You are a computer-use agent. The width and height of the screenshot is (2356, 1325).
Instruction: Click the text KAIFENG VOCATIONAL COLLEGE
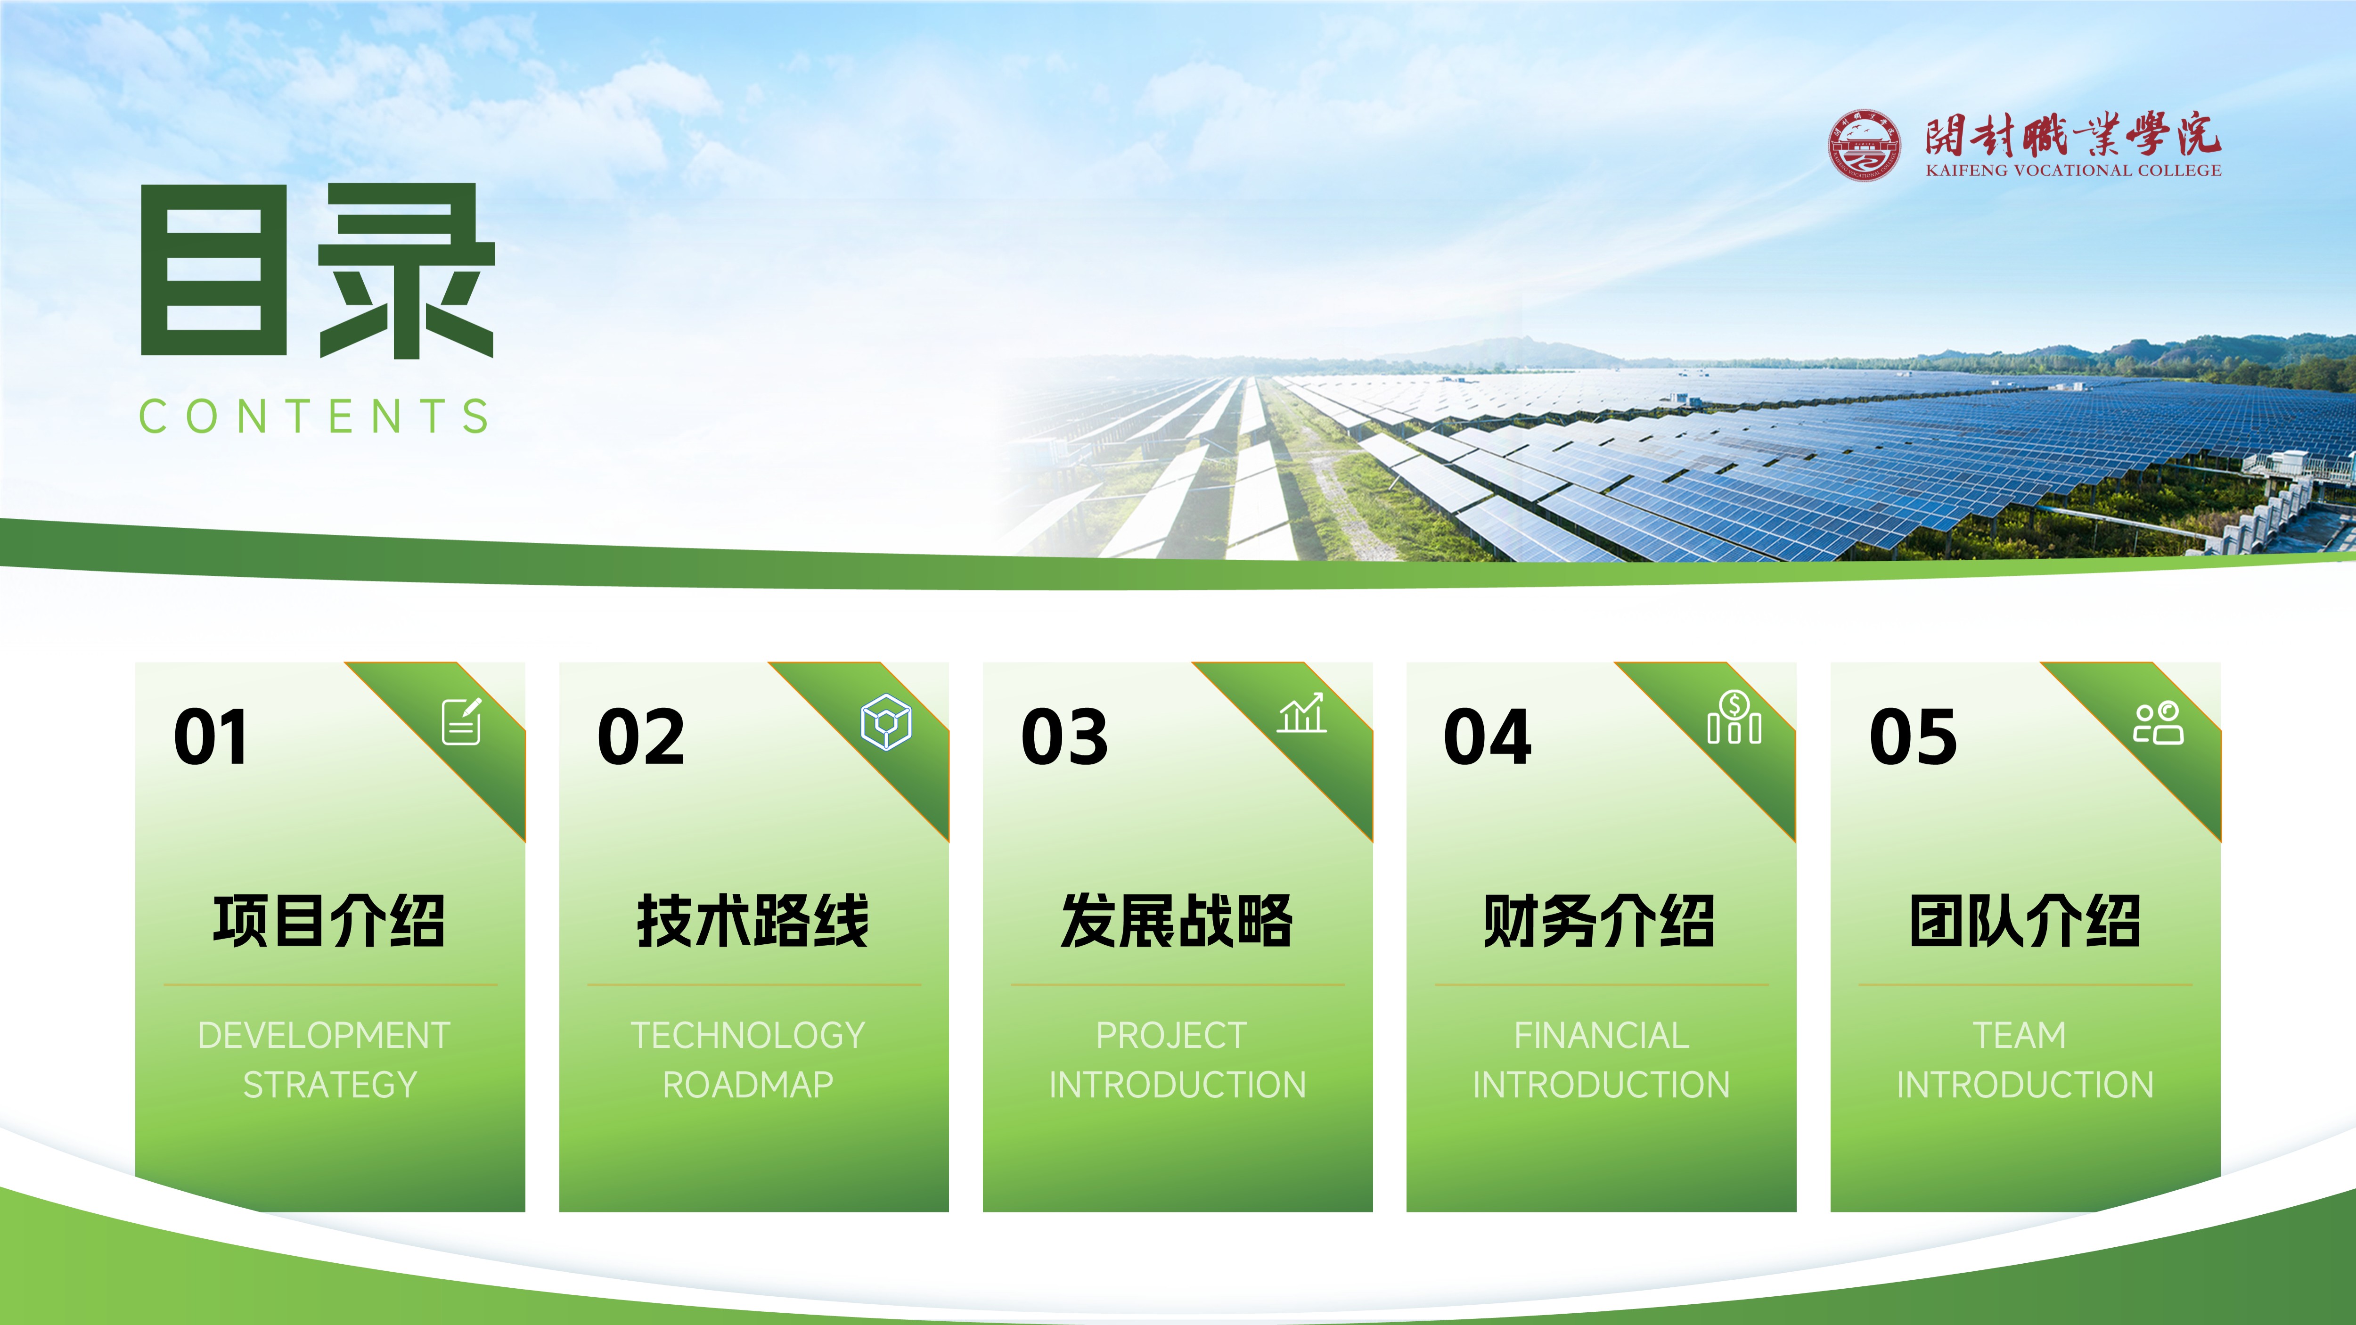tap(2072, 170)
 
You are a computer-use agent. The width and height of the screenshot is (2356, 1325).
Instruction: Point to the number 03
tap(1064, 737)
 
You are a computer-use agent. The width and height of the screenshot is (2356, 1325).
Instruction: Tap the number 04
tap(1487, 737)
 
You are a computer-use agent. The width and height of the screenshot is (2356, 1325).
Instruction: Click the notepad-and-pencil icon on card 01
tap(462, 721)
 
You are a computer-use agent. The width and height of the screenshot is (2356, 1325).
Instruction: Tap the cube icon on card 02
tap(886, 721)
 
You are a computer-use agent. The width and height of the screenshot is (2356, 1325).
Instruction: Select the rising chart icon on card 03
tap(1301, 713)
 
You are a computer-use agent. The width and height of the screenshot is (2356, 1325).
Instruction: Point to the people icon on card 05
tap(2159, 723)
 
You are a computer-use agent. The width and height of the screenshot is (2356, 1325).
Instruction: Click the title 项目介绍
tap(329, 921)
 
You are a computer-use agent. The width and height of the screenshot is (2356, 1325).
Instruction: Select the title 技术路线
tap(753, 921)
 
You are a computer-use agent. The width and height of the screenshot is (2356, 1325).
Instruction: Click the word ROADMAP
tap(748, 1085)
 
